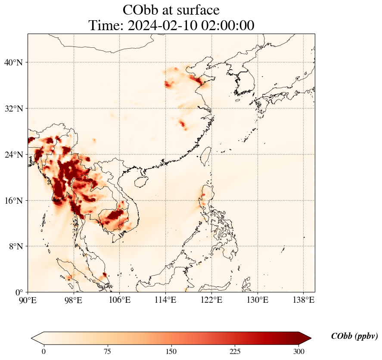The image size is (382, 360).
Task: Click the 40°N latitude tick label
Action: (14, 62)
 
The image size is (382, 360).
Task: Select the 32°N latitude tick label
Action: (14, 109)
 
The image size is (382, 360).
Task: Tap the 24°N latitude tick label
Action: (14, 155)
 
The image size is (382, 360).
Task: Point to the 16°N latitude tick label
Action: (14, 201)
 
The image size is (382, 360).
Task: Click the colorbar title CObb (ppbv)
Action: (354, 336)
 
